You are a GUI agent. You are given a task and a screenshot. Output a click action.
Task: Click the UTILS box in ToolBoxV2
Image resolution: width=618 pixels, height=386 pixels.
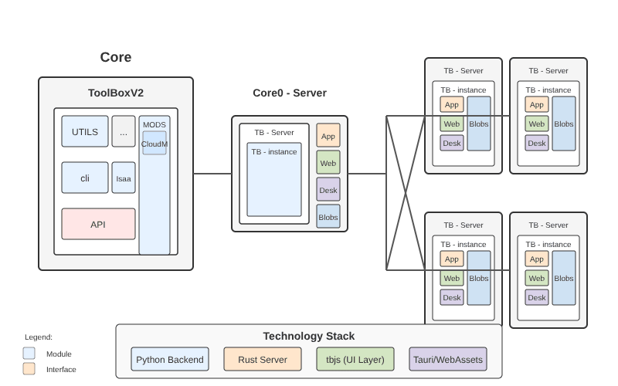(x=85, y=131)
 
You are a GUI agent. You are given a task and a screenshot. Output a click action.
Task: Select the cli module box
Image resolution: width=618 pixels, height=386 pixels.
(x=85, y=178)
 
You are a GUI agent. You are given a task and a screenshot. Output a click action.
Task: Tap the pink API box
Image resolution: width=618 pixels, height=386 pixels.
(x=98, y=224)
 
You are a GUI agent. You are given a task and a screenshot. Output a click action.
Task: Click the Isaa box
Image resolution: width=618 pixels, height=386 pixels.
(x=124, y=178)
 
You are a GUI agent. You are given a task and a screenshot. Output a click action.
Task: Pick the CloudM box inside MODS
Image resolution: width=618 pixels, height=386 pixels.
(x=154, y=143)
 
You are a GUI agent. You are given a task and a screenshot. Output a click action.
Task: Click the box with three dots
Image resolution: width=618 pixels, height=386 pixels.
(x=124, y=131)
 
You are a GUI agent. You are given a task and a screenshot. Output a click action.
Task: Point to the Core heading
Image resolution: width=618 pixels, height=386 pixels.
(x=116, y=57)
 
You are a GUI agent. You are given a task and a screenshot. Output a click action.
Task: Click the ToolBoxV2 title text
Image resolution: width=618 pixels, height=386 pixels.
(x=116, y=93)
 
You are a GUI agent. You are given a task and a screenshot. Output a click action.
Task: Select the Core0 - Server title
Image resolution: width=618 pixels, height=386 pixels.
(x=290, y=93)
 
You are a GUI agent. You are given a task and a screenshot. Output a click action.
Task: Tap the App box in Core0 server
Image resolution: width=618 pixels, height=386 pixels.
(x=328, y=135)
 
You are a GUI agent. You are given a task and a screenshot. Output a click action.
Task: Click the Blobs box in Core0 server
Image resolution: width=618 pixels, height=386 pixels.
(x=328, y=216)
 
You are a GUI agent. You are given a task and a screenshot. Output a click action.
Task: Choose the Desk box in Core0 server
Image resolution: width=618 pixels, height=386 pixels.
(x=328, y=189)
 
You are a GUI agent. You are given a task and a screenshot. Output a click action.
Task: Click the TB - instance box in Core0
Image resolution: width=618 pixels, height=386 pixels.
(x=274, y=179)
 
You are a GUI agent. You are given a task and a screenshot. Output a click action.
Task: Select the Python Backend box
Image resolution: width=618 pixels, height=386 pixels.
(x=170, y=359)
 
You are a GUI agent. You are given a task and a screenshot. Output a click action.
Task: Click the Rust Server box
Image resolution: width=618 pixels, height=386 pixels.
(x=263, y=359)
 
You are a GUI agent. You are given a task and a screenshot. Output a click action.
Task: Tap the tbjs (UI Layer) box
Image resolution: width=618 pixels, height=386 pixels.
(x=355, y=359)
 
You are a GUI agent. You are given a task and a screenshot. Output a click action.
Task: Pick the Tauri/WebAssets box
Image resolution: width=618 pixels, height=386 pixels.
(x=448, y=359)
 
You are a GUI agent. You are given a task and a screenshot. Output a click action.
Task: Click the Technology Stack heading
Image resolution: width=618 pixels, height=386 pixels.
(x=309, y=336)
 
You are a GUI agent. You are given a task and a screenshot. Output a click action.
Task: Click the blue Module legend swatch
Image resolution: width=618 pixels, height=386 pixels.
(x=29, y=353)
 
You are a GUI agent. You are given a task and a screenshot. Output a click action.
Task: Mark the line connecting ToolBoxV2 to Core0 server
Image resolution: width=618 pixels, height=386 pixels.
(x=212, y=174)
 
